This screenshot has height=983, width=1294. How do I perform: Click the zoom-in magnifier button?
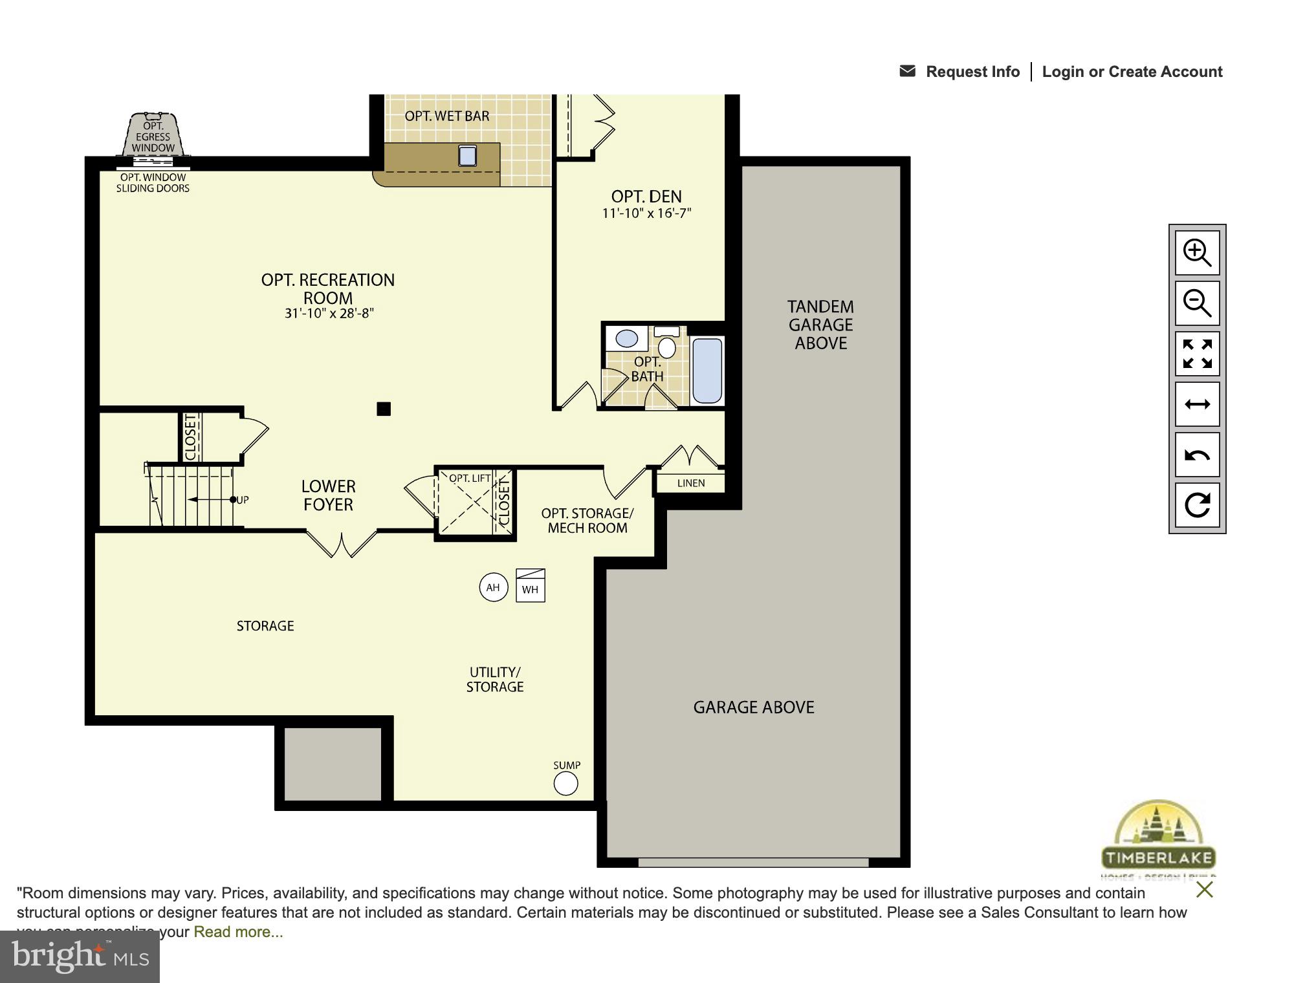(1197, 253)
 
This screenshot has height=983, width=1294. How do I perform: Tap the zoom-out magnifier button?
(1197, 303)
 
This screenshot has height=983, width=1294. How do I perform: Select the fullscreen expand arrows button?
(1197, 354)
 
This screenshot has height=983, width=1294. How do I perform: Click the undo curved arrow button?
(1197, 455)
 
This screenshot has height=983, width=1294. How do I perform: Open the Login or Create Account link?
(1132, 72)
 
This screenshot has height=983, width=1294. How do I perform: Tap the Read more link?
(238, 932)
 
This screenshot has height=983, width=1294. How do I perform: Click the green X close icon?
(1204, 890)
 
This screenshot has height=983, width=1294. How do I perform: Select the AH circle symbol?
(493, 587)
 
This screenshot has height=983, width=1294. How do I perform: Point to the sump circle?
(565, 784)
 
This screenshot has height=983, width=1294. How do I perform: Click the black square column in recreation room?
(384, 409)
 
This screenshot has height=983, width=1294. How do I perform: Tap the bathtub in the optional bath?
(707, 371)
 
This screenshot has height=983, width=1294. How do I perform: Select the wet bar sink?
(467, 155)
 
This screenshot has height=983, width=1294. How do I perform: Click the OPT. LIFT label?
(470, 479)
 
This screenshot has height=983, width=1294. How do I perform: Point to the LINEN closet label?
(690, 483)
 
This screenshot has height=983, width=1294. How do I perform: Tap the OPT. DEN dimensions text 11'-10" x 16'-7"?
(646, 213)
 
